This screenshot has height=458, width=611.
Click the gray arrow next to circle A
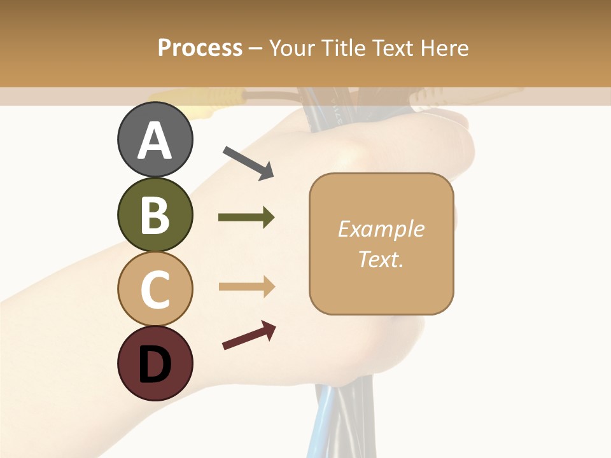pos(248,162)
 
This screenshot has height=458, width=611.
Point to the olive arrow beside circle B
pos(246,218)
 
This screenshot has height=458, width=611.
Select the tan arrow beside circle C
pos(246,286)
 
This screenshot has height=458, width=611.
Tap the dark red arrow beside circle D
pos(249,335)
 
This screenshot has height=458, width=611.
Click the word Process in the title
pos(200,48)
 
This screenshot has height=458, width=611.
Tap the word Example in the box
pos(381,229)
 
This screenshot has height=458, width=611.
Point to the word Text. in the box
pos(381,259)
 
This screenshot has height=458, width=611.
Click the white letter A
pos(155,141)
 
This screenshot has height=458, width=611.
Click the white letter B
pos(155,215)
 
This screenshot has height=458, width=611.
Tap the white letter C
pos(155,289)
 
